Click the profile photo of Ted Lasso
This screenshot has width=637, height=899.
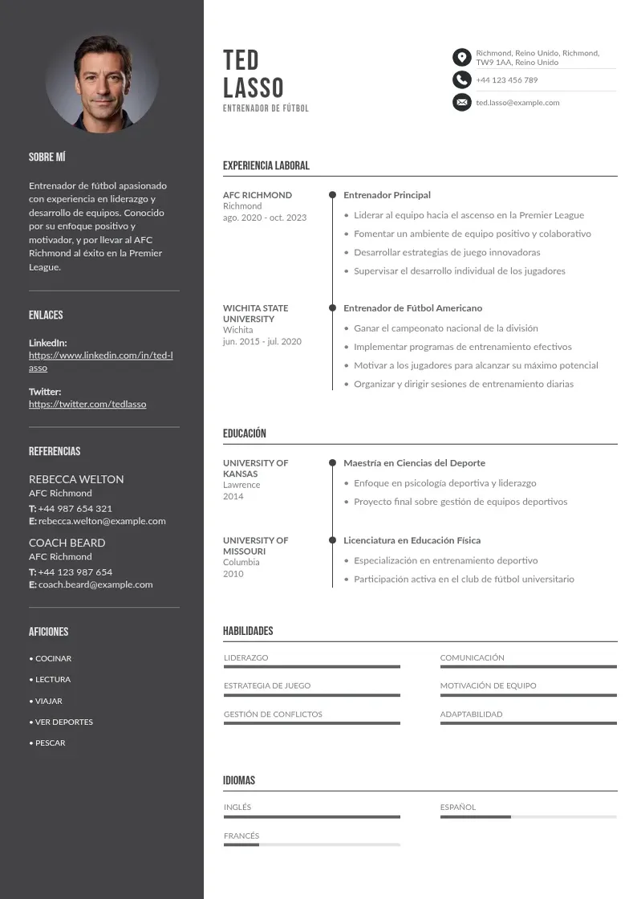pos(102,83)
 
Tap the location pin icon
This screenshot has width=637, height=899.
pos(461,57)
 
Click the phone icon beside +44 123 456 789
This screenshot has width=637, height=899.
pos(461,79)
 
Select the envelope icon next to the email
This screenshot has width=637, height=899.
pos(461,102)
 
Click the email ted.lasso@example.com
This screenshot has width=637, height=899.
pos(517,103)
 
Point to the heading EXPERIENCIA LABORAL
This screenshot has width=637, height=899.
pos(266,166)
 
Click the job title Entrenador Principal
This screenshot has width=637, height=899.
pos(387,195)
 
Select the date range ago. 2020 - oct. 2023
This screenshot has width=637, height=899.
pos(265,218)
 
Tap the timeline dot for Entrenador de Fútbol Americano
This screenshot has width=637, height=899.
pos(332,307)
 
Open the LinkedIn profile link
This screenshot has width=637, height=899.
pos(101,361)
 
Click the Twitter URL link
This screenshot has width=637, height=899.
pos(87,405)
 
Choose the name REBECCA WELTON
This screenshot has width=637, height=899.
pos(76,479)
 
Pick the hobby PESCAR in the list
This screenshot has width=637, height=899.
pos(50,743)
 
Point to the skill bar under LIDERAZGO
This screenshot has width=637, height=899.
pos(311,666)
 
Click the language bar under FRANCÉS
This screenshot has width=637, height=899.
pos(311,844)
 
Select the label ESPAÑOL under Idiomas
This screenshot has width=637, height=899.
pos(457,807)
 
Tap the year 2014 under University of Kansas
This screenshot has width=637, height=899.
pos(233,496)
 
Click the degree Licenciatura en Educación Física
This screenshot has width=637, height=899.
pos(412,540)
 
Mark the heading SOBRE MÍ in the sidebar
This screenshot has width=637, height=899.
pos(47,157)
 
